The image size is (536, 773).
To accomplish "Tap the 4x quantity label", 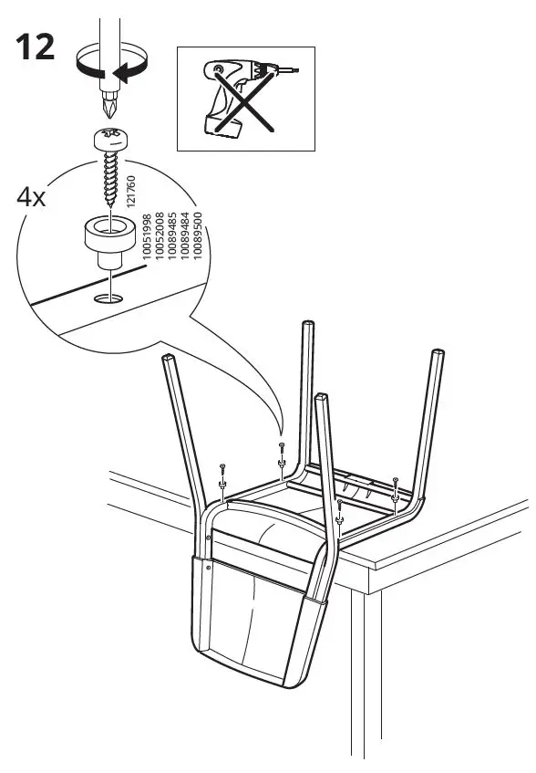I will pos(32,197).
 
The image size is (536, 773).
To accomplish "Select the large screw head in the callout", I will pos(110,140).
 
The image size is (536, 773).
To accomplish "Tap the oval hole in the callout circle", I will pos(109,297).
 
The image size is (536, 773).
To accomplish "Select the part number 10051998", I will pos(147,243).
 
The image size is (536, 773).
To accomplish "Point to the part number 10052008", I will pos(160,243).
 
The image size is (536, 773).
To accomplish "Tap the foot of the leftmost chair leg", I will pos(168,360).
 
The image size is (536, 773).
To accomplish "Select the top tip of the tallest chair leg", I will pos(309,325).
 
